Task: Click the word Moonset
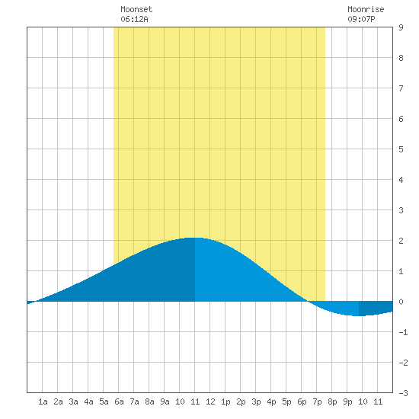(136, 9)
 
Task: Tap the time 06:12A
(134, 19)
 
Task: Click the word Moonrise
(366, 9)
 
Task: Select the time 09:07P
(361, 19)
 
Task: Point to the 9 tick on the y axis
(401, 27)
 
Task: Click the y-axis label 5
(401, 149)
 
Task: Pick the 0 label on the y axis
(401, 302)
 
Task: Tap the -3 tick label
(403, 393)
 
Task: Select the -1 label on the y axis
(403, 332)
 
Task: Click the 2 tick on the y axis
(401, 241)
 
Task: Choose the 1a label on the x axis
(43, 401)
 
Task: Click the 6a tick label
(119, 401)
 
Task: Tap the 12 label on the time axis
(210, 401)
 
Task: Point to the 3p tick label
(256, 401)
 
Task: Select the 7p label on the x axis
(317, 401)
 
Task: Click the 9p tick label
(347, 401)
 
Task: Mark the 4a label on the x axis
(88, 401)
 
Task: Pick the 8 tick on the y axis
(401, 58)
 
